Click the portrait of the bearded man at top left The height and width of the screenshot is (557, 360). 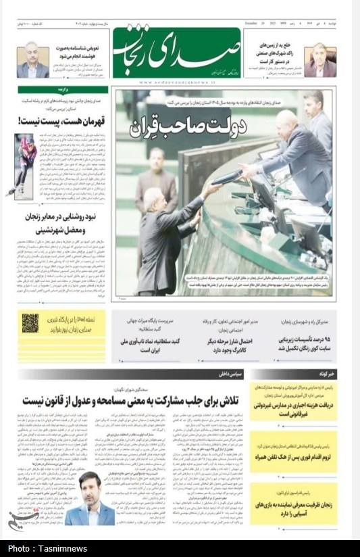[x=32, y=59]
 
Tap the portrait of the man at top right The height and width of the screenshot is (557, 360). [x=319, y=60]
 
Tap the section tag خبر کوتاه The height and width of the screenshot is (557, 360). [x=324, y=373]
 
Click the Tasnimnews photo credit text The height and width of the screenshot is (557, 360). [x=38, y=548]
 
